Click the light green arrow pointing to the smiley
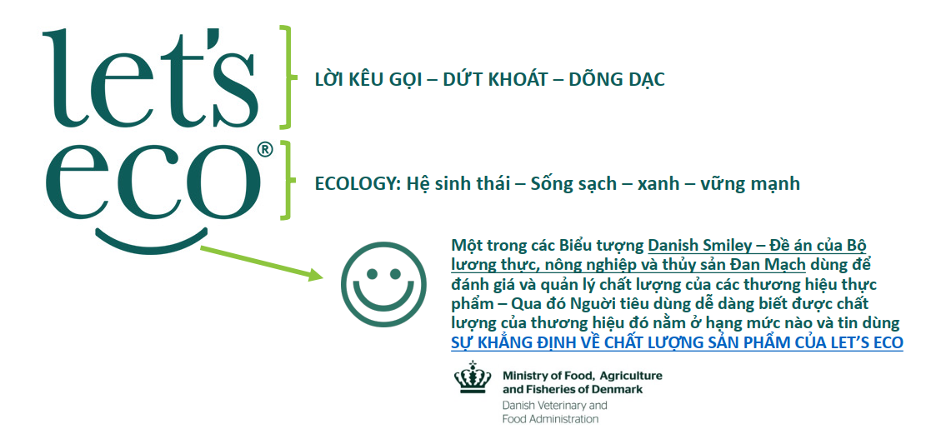262,262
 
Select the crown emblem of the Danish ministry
472,377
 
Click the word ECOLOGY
352,183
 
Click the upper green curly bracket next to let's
288,77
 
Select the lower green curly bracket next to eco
288,180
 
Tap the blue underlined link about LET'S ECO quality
677,343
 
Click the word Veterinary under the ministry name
559,406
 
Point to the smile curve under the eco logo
151,242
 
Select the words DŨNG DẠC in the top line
617,79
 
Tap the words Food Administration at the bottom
550,420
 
